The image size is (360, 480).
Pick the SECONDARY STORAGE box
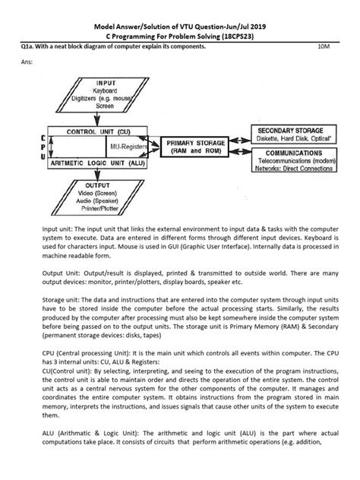click(289, 135)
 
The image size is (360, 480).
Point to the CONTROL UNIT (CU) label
click(91, 131)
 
